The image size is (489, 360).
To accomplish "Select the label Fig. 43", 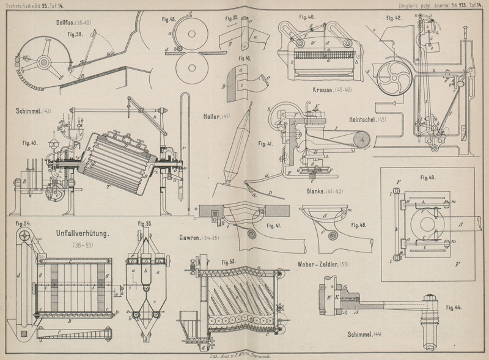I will (x=31, y=143).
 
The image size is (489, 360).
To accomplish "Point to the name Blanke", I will (x=320, y=191).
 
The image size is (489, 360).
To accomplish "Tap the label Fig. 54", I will (x=23, y=223).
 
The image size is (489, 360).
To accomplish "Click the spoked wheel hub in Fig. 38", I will (x=44, y=61).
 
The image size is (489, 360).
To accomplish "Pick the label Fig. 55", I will (x=145, y=224).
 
